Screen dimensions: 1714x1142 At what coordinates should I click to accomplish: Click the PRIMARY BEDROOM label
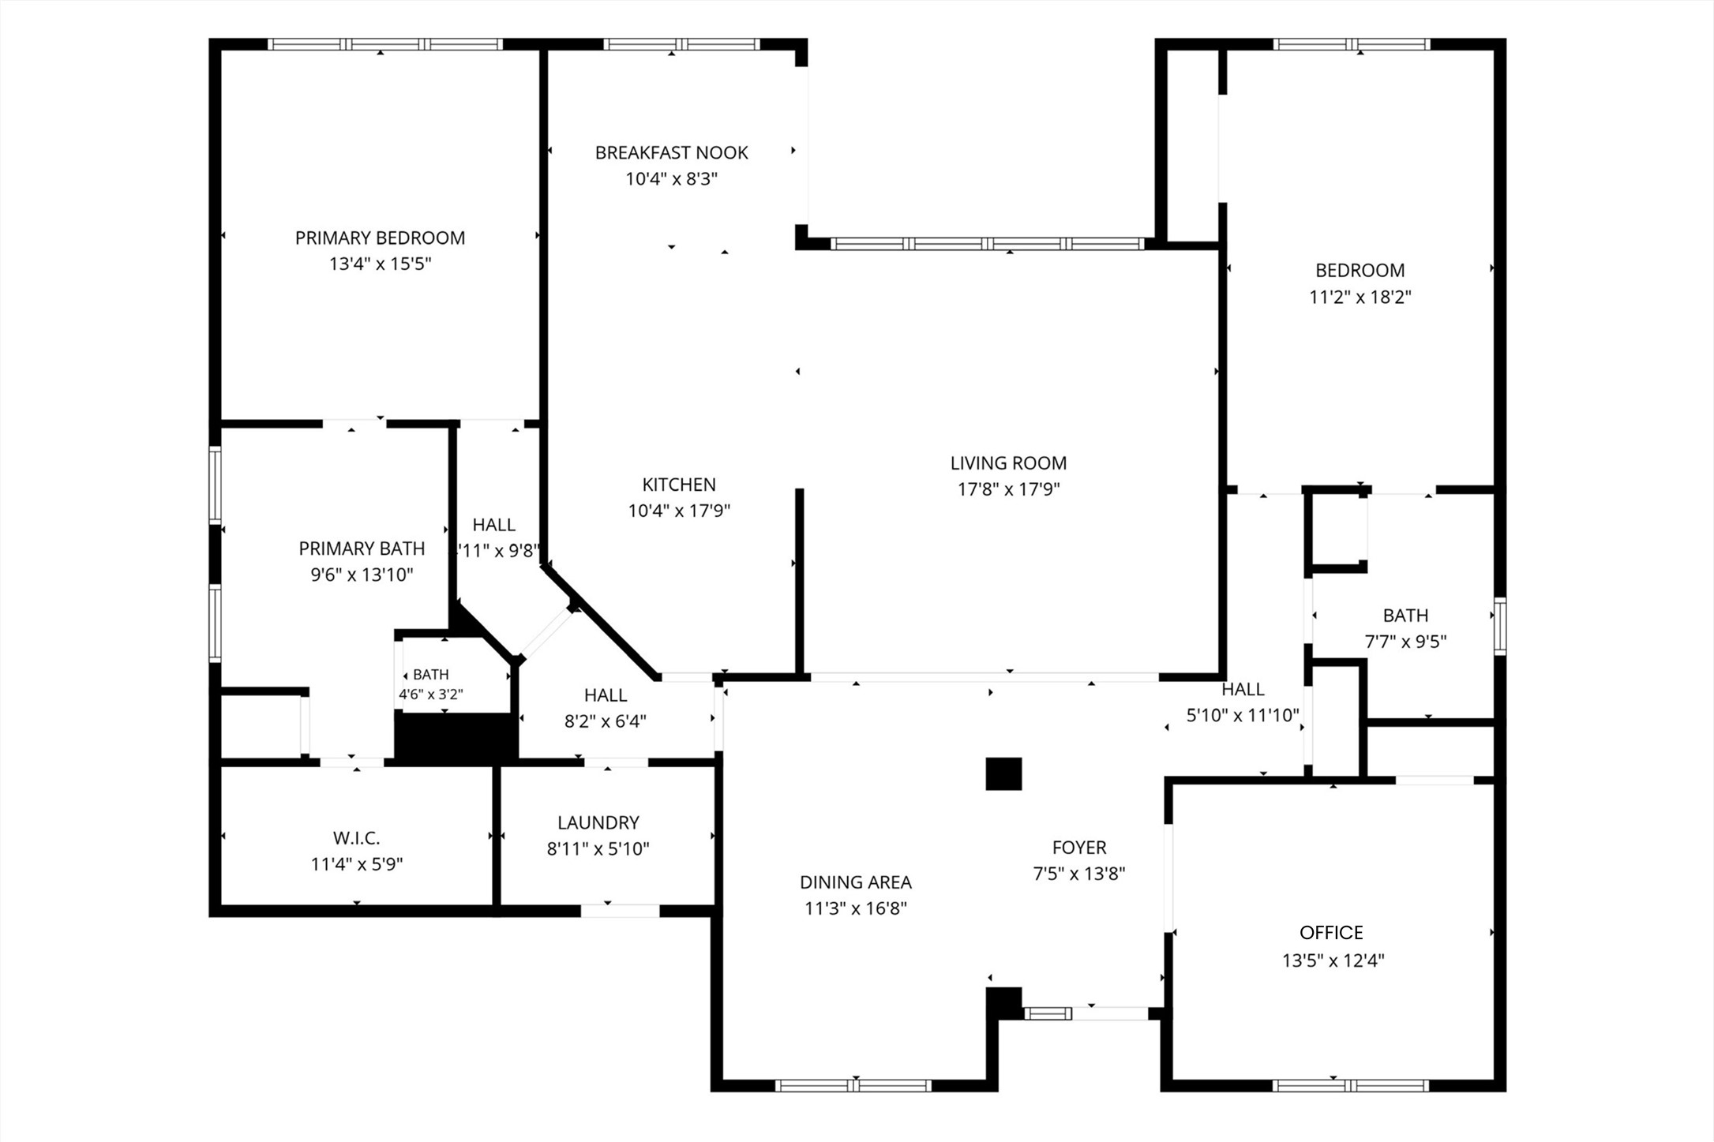(380, 238)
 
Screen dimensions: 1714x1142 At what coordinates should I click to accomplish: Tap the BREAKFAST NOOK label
(671, 152)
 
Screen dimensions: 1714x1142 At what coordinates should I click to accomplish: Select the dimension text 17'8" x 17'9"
(1008, 489)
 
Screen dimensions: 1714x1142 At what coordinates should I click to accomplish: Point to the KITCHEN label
(679, 485)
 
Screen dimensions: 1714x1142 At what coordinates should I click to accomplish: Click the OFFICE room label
(1331, 933)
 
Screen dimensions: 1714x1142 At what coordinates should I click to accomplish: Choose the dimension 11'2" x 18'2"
(1360, 297)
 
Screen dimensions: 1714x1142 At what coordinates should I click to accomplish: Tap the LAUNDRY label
(598, 822)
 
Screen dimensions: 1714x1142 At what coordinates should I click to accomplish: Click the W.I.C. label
(356, 837)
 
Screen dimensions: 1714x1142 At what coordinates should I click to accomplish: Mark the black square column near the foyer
(1003, 773)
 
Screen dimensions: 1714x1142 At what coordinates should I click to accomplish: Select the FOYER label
(1079, 848)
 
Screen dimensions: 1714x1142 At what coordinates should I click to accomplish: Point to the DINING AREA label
(855, 882)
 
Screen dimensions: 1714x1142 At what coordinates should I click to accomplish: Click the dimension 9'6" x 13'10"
(362, 575)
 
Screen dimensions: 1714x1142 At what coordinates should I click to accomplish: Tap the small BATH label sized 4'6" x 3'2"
(430, 675)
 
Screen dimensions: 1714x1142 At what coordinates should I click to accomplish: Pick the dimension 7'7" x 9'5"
(1405, 642)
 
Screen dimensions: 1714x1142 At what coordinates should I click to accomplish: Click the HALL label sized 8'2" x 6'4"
(606, 695)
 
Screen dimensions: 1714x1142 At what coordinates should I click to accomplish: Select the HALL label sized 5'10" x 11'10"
(1243, 689)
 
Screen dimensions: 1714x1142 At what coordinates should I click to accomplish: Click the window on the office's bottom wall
(1350, 1085)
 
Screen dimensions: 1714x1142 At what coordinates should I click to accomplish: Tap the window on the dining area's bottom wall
(853, 1085)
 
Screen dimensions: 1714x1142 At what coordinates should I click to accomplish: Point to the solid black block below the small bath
(456, 738)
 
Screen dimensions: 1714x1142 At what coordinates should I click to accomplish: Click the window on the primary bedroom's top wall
(384, 44)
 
